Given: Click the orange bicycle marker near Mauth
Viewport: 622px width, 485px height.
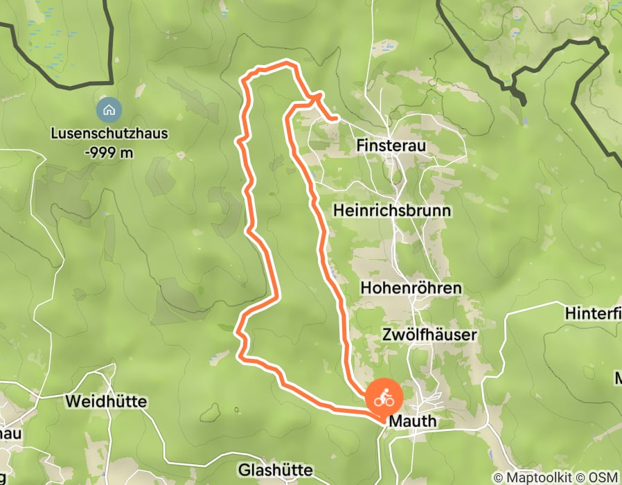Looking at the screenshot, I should [x=384, y=398].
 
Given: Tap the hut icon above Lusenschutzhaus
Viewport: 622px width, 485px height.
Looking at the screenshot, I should [x=108, y=109].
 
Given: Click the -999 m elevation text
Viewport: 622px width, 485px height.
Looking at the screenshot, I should [x=109, y=152].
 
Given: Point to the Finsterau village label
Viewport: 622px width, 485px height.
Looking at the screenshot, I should [x=390, y=145].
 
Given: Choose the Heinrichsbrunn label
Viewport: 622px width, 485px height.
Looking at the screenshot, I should [x=391, y=209].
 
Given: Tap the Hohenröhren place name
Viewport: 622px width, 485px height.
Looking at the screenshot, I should [x=411, y=287].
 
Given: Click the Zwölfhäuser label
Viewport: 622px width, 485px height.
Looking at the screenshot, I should [x=429, y=335].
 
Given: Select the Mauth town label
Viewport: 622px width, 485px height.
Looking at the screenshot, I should [x=412, y=421].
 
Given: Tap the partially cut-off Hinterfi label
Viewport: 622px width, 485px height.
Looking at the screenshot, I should [x=593, y=313].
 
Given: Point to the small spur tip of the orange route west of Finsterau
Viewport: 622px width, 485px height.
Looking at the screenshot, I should [x=336, y=119].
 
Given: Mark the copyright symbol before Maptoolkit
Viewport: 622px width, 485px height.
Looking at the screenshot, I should [x=499, y=477].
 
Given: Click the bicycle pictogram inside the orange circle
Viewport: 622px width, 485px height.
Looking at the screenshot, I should [x=384, y=398].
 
